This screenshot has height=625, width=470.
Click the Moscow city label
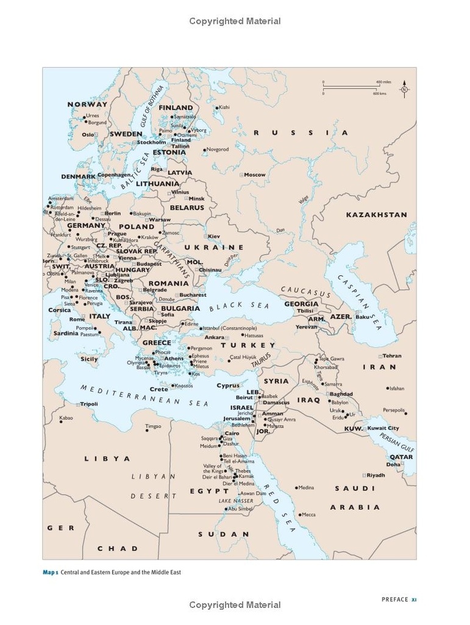(x=255, y=175)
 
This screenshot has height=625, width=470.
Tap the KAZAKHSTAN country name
(x=376, y=215)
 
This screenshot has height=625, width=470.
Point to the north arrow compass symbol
(x=404, y=90)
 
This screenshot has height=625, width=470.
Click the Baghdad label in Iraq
(x=341, y=394)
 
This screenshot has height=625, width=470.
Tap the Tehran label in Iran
(x=392, y=356)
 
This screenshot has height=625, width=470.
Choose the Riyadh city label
(x=376, y=475)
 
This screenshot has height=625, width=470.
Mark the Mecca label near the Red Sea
(x=309, y=515)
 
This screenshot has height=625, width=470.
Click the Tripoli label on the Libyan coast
(x=89, y=404)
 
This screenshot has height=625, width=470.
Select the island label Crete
(x=158, y=389)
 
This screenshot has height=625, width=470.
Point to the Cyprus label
(x=228, y=386)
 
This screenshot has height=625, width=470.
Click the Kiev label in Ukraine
(x=214, y=236)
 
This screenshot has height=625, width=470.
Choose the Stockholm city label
(x=152, y=142)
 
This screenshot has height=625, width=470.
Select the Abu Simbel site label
(x=240, y=509)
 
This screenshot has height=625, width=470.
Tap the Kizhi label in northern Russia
(x=224, y=107)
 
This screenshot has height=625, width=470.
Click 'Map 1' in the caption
(x=50, y=573)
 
